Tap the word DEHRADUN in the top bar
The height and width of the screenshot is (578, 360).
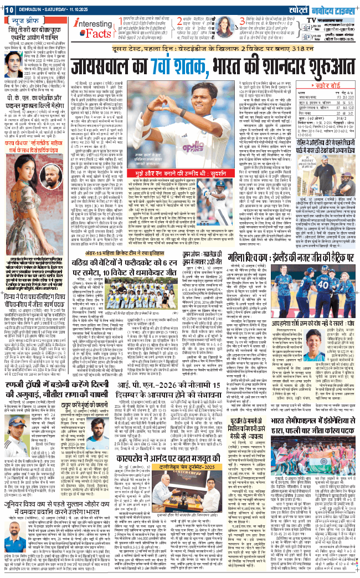34,6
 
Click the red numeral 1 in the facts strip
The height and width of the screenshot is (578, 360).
121,28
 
